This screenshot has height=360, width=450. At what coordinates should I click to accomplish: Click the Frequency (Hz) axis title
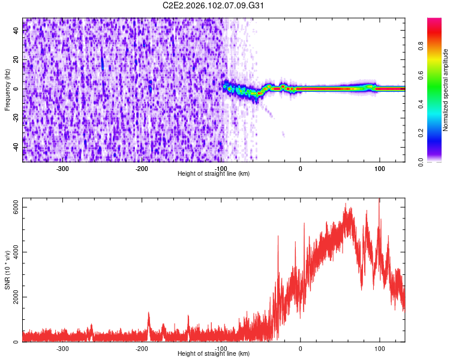coord(7,89)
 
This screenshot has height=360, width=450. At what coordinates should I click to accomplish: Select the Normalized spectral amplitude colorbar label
coord(446,90)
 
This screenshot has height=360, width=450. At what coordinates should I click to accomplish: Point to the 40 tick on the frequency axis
coord(17,31)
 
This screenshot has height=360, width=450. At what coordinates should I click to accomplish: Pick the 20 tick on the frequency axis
coord(17,60)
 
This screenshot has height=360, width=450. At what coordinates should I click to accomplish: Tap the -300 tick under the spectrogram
coord(62,169)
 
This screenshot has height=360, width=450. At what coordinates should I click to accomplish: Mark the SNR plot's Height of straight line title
coord(214,354)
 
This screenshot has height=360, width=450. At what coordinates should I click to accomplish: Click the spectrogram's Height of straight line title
coord(214,173)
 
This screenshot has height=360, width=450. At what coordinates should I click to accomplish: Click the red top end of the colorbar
coord(435,20)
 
